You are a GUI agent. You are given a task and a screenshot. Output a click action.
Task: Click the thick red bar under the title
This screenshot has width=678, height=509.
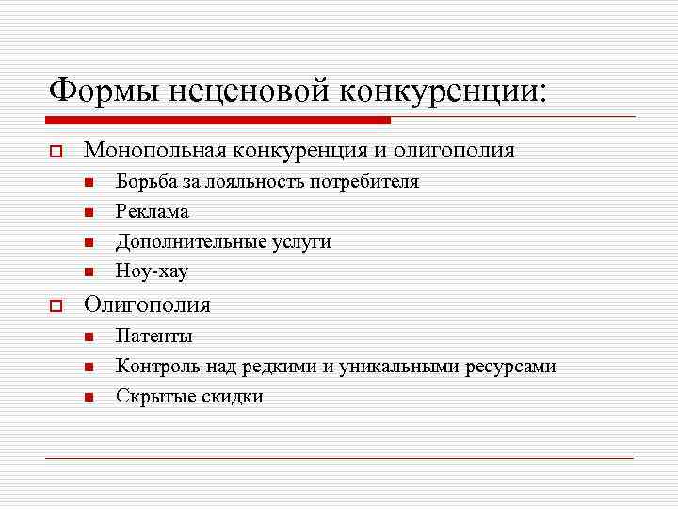pyautogui.click(x=218, y=121)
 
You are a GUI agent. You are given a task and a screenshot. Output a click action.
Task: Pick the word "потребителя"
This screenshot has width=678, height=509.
pyautogui.click(x=363, y=181)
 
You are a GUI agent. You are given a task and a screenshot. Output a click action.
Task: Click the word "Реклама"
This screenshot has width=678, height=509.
pyautogui.click(x=152, y=211)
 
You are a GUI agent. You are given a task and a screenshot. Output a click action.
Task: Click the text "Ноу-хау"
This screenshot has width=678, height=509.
pyautogui.click(x=152, y=271)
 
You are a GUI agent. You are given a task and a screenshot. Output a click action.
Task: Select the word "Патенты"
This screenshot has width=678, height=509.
pyautogui.click(x=153, y=336)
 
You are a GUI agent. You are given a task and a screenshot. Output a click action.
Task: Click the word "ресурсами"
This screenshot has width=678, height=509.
pyautogui.click(x=510, y=367)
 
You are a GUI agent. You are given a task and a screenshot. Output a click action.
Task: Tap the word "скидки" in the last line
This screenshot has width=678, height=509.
pyautogui.click(x=233, y=396)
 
